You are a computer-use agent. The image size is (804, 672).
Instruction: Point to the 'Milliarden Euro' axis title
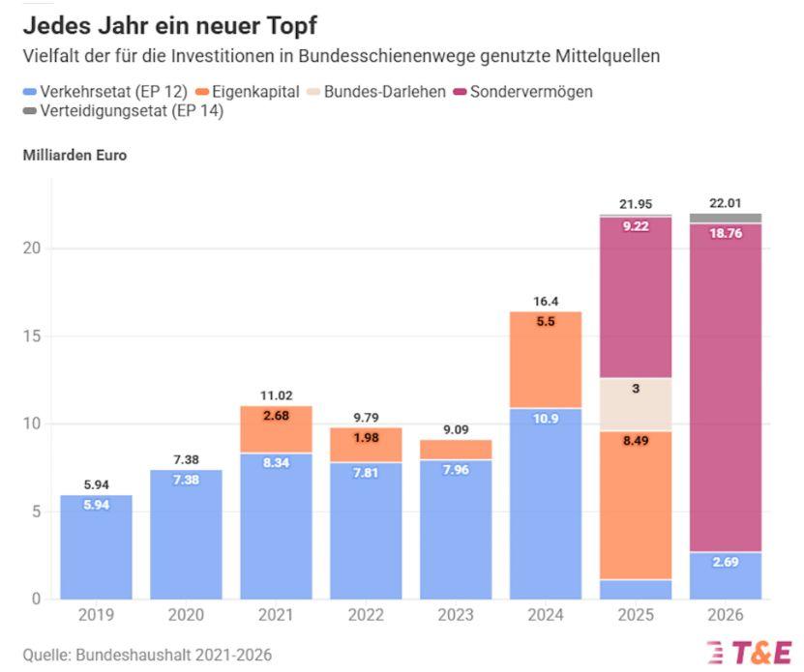pyautogui.click(x=74, y=155)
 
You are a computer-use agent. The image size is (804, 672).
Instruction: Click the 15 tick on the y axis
pyautogui.click(x=31, y=336)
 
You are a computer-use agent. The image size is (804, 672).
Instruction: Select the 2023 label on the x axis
pyautogui.click(x=456, y=616)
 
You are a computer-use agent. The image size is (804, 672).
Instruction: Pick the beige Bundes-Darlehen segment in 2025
pyautogui.click(x=636, y=404)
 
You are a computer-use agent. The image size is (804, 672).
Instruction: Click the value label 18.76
pyautogui.click(x=726, y=233)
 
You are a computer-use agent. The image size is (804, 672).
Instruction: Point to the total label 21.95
pyautogui.click(x=635, y=204)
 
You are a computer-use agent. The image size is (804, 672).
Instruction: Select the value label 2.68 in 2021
pyautogui.click(x=276, y=417)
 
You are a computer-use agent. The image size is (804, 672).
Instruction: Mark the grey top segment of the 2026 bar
pyautogui.click(x=726, y=219)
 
